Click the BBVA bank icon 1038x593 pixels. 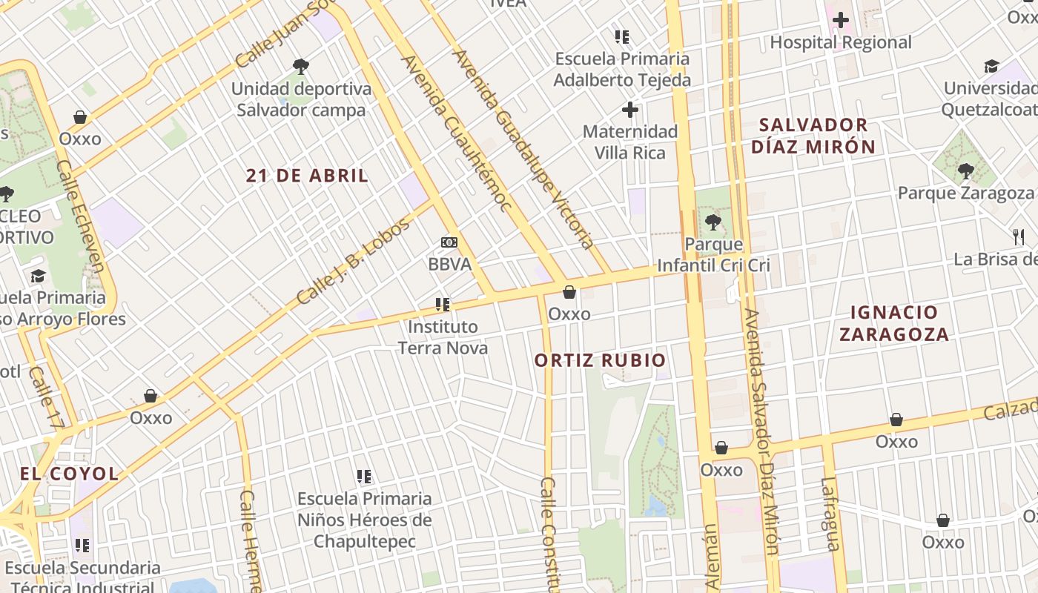(449, 242)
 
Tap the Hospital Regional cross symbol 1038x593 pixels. (840, 20)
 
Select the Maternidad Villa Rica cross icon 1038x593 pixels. (629, 110)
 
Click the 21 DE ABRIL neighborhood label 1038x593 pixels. (307, 176)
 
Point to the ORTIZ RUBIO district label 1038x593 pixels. (600, 361)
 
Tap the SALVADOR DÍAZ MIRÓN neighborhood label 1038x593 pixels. (813, 136)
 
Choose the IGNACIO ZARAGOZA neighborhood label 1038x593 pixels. (893, 323)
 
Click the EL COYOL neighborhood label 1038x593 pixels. (69, 474)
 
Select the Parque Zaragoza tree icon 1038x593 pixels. (965, 171)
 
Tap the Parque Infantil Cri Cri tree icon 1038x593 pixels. (713, 222)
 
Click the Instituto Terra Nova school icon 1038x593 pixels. (443, 304)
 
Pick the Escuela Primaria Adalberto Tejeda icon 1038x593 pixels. (622, 36)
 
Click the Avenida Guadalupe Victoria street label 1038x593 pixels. (523, 148)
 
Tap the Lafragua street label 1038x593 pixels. (830, 514)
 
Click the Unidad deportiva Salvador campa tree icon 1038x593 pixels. (300, 67)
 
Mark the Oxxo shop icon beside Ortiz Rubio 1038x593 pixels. (569, 292)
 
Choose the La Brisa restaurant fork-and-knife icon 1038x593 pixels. (1019, 237)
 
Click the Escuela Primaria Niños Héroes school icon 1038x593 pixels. (364, 476)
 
